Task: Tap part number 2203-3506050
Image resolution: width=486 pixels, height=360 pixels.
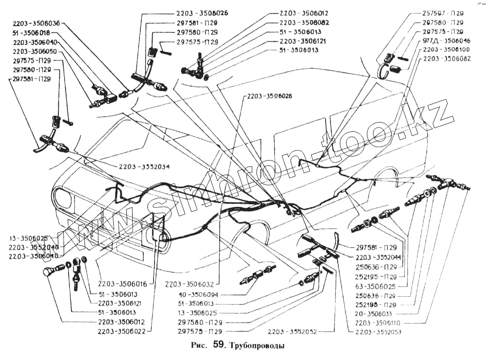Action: point(35,51)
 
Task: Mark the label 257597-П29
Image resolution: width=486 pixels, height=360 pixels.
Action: point(443,14)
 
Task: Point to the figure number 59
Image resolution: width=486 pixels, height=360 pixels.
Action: point(219,346)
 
